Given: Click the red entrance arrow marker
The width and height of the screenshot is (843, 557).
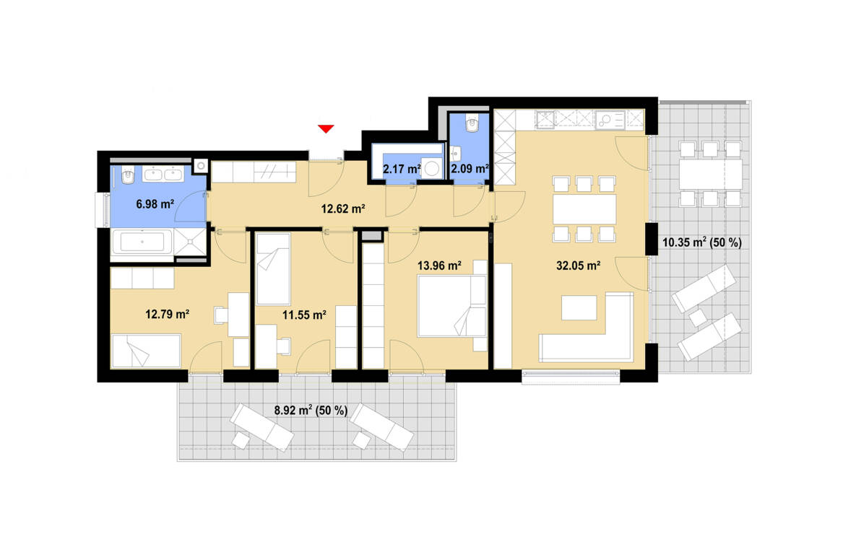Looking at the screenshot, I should [326, 129].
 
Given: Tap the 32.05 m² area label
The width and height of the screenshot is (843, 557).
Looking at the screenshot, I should [579, 266].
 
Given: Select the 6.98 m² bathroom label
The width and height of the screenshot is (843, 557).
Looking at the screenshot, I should [155, 204].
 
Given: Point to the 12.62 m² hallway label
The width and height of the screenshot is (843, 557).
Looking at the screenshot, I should [342, 209].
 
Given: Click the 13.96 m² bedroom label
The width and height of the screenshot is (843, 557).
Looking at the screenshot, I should [439, 265].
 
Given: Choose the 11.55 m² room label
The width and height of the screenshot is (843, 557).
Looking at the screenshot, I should [303, 314].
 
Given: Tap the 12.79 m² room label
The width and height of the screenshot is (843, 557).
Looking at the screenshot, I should [167, 314].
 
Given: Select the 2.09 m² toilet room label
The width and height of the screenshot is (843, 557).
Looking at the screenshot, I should [470, 169].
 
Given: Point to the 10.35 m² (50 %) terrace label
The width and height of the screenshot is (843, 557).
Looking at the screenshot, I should [701, 242].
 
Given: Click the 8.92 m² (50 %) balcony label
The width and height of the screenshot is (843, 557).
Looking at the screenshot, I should [311, 410].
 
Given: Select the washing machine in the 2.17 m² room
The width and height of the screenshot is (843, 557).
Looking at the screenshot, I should [432, 168].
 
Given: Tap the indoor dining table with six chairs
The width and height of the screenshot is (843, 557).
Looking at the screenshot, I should [584, 209].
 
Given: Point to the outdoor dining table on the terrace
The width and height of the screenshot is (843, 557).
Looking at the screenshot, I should [710, 173].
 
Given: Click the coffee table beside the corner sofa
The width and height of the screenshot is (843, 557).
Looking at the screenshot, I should [579, 307].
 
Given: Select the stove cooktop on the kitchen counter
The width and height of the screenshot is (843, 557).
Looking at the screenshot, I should [545, 118].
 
